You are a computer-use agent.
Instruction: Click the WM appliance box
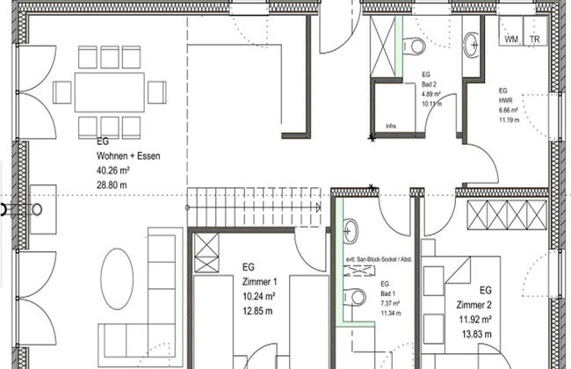511,40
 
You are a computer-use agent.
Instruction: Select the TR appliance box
534,40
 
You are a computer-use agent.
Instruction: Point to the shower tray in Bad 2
384,46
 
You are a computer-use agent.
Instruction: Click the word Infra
391,126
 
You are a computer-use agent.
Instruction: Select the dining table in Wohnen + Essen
111,91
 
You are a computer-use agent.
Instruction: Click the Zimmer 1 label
259,281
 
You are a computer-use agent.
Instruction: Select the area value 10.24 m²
259,296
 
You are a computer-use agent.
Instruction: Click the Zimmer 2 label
473,304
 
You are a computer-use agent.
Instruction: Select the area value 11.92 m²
473,319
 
